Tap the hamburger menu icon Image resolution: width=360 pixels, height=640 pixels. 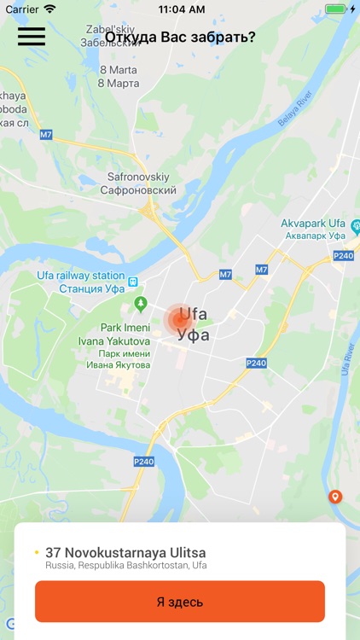[31, 37]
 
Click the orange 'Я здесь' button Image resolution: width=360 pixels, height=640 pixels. [180, 602]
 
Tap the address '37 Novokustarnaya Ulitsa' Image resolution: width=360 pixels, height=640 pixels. [125, 552]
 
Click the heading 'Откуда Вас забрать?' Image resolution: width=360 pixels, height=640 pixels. [180, 37]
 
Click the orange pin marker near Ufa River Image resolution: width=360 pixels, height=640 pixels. [335, 497]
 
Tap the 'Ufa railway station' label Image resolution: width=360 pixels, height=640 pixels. [81, 276]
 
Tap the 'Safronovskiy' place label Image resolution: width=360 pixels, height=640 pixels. [142, 177]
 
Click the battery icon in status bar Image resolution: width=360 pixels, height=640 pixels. [335, 9]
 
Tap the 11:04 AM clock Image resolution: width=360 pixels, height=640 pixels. [180, 9]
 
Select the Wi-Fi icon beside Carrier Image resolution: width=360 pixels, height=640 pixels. [49, 9]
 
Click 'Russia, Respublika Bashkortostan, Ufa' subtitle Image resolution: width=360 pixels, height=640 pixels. [126, 566]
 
